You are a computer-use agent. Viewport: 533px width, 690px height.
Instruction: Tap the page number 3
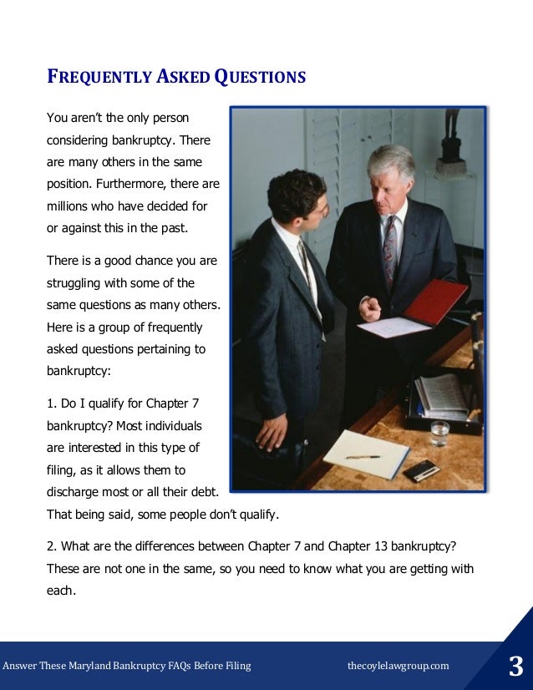(515, 667)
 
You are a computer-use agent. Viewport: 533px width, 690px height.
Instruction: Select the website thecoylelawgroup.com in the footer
(398, 666)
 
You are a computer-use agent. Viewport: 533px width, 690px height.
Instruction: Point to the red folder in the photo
(435, 302)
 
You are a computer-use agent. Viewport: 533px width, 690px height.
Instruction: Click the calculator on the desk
(421, 469)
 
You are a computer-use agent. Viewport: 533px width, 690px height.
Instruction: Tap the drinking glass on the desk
(439, 433)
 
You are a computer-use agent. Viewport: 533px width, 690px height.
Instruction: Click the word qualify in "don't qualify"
(256, 514)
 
